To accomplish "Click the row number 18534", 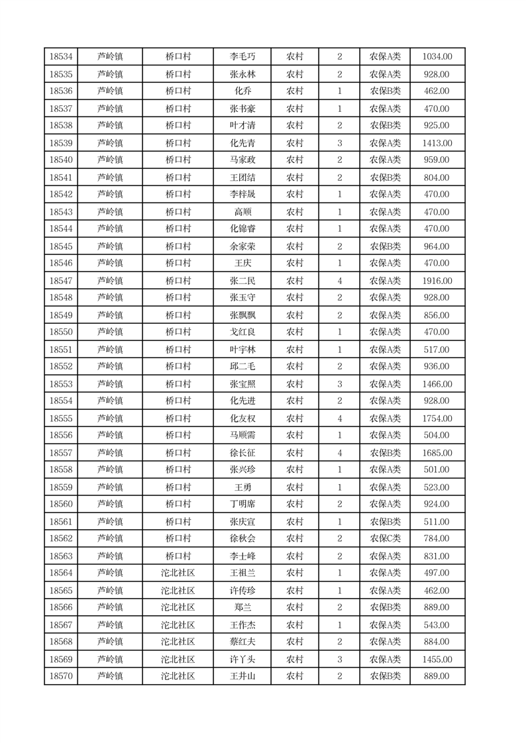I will (x=61, y=57).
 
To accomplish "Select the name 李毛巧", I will (x=242, y=57).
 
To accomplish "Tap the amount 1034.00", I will (x=437, y=57).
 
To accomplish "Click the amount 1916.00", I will (x=437, y=281).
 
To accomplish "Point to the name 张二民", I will (x=242, y=281).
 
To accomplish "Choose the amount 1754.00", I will (x=437, y=419).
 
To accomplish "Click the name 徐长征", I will (x=242, y=453).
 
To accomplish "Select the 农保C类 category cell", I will (x=385, y=538).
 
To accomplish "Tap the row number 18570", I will (x=61, y=676).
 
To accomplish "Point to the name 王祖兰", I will (x=242, y=573).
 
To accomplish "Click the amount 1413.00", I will (x=437, y=143).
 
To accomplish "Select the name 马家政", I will (x=242, y=160).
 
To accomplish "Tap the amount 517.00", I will (x=437, y=350).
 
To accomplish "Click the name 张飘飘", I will (x=242, y=315).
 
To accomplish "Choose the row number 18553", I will (x=61, y=384).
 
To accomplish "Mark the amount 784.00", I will (x=437, y=538).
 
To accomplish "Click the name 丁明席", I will (x=242, y=504).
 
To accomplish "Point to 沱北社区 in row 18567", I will (x=178, y=624).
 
